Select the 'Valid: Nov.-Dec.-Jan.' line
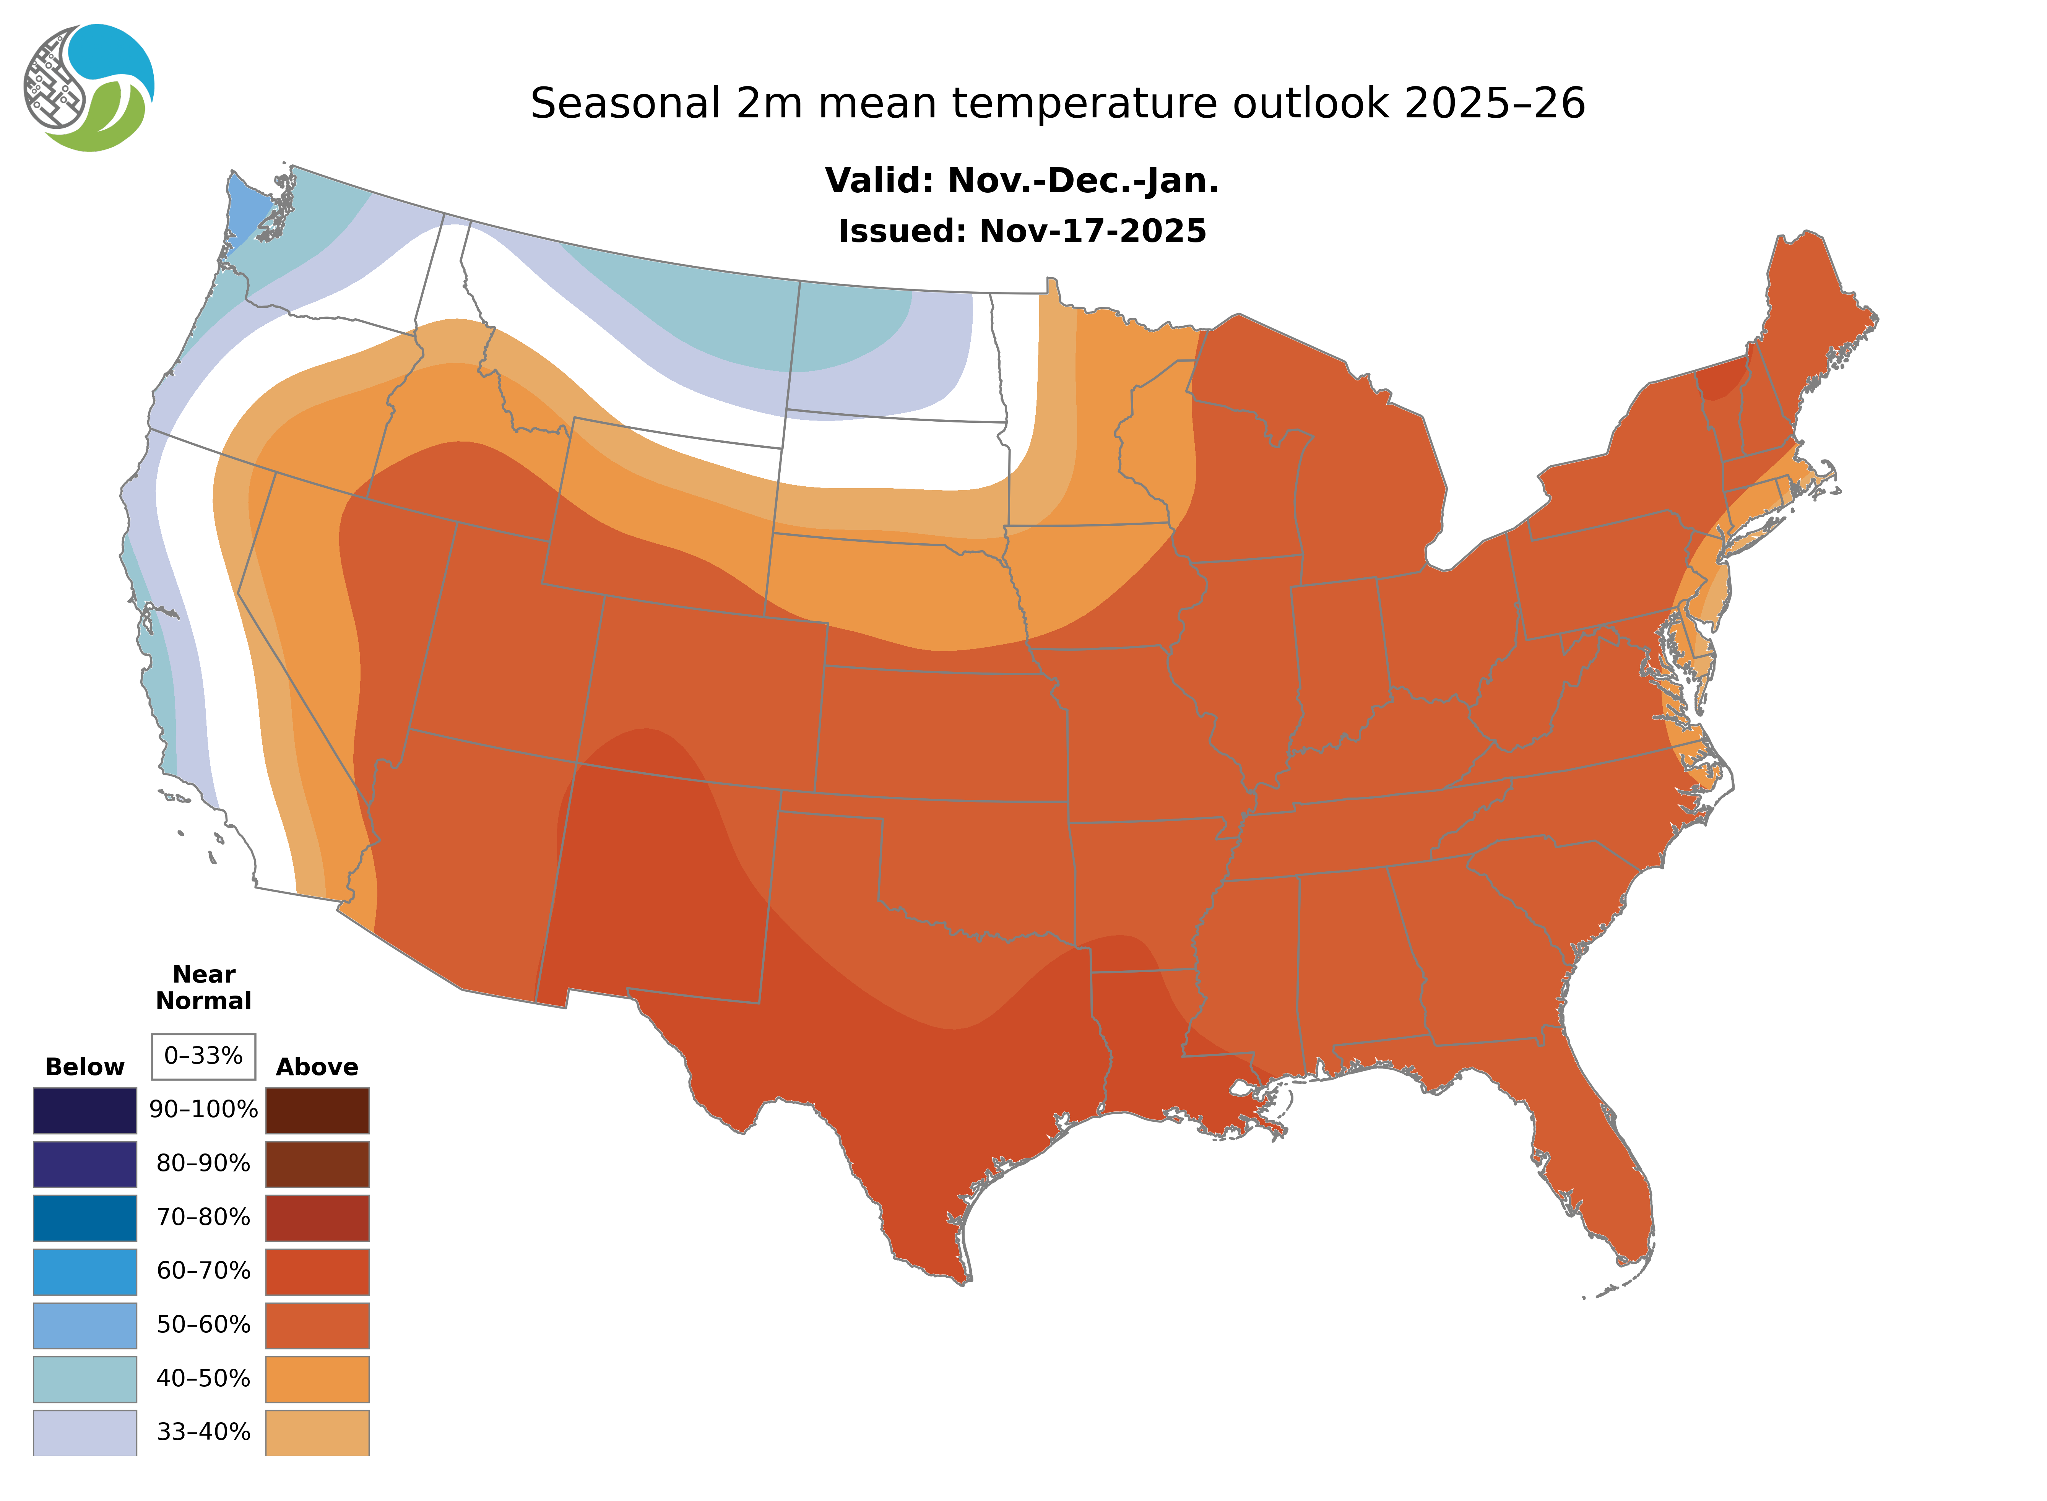[1021, 181]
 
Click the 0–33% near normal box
[203, 1056]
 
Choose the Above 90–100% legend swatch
[317, 1110]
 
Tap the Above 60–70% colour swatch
[317, 1271]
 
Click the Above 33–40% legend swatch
[317, 1432]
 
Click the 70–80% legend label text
[203, 1218]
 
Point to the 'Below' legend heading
[84, 1067]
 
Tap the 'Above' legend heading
[317, 1067]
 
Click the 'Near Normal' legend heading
[203, 988]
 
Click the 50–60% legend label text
[203, 1325]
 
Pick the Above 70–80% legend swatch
[317, 1218]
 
